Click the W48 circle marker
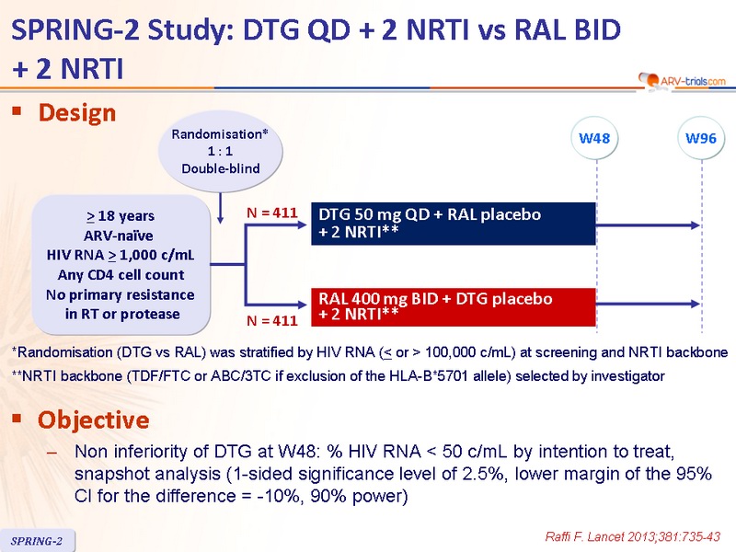click(594, 139)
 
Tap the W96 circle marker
click(701, 139)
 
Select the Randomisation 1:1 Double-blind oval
click(220, 151)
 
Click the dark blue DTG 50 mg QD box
click(454, 224)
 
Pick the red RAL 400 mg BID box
click(454, 307)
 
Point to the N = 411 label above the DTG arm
click(272, 213)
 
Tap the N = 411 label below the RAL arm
click(272, 320)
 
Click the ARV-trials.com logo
click(682, 81)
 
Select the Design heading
click(77, 113)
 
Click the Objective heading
click(94, 420)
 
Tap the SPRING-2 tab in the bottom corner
click(37, 541)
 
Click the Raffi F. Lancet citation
click(633, 536)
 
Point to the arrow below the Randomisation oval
click(220, 208)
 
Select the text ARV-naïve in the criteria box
click(119, 236)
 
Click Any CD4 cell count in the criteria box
click(121, 274)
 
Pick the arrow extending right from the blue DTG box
click(649, 225)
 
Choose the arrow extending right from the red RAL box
click(649, 304)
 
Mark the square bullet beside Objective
click(17, 418)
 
